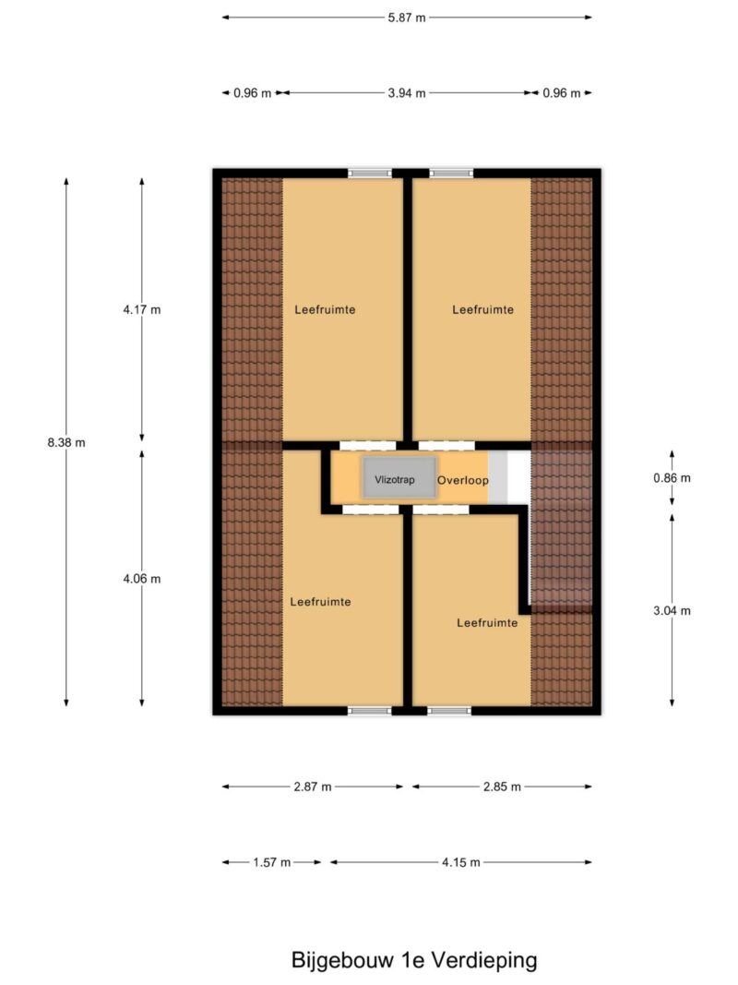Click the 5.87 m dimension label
407,18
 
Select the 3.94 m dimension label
407,93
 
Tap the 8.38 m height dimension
66,442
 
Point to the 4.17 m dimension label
142,309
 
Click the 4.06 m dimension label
142,579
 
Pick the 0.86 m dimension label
673,478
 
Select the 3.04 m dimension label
673,610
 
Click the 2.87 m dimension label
313,787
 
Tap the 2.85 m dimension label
502,787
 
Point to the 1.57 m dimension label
272,862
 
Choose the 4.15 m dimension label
460,862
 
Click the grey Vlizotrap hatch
399,479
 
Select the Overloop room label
463,481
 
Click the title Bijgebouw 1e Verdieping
414,960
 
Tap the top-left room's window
370,174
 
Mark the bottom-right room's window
449,711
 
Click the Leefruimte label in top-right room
483,309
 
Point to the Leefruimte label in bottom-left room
321,602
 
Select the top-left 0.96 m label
252,93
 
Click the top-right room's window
452,174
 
